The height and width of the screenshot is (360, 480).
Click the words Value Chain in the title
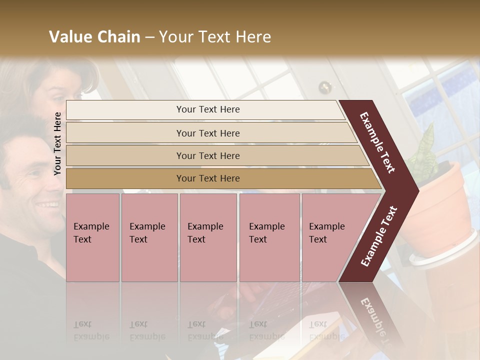[94, 37]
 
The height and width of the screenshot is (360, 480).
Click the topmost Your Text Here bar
[207, 109]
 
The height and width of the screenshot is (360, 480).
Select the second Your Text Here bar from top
[208, 133]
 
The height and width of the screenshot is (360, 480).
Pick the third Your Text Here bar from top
[208, 155]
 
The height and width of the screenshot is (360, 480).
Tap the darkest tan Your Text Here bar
[208, 178]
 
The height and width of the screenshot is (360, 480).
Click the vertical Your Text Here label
[57, 143]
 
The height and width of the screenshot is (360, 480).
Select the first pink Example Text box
[92, 237]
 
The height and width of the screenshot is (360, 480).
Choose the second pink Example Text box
[149, 237]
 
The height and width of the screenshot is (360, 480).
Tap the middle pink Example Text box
[208, 237]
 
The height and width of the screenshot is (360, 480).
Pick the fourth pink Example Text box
[269, 237]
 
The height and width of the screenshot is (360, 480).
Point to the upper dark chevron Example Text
[377, 142]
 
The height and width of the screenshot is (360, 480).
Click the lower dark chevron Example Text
[378, 236]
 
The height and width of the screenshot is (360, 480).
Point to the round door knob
[325, 87]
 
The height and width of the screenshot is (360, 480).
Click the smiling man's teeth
[48, 204]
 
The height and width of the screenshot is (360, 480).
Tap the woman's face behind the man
[60, 87]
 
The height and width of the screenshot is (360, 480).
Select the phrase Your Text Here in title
[215, 37]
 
